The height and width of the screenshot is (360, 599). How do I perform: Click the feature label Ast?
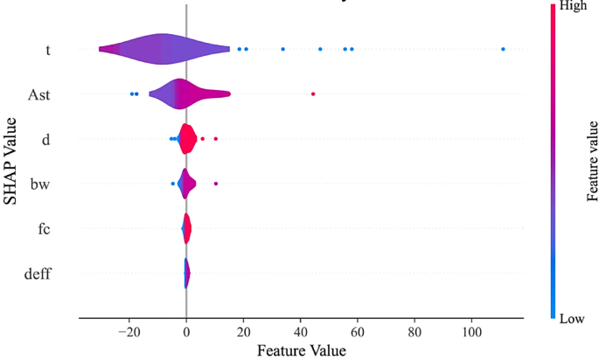tap(38, 93)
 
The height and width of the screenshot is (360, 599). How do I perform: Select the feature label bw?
tap(40, 183)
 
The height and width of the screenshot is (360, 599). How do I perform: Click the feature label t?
tap(47, 49)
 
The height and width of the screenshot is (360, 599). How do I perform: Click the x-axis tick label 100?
tap(471, 333)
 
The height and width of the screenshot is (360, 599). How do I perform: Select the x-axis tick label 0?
tap(186, 333)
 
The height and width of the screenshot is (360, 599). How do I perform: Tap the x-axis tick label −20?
tap(128, 333)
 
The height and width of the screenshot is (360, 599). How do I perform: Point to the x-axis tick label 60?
tap(358, 333)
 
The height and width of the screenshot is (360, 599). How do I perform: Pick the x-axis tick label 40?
tap(301, 333)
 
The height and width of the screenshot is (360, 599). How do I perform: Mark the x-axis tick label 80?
tap(414, 333)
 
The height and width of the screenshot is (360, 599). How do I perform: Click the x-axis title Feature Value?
tap(302, 350)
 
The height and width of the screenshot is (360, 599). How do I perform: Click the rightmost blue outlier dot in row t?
tap(503, 49)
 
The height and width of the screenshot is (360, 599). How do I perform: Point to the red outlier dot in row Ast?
tap(313, 93)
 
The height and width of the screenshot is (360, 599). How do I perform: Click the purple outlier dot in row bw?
tap(215, 183)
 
